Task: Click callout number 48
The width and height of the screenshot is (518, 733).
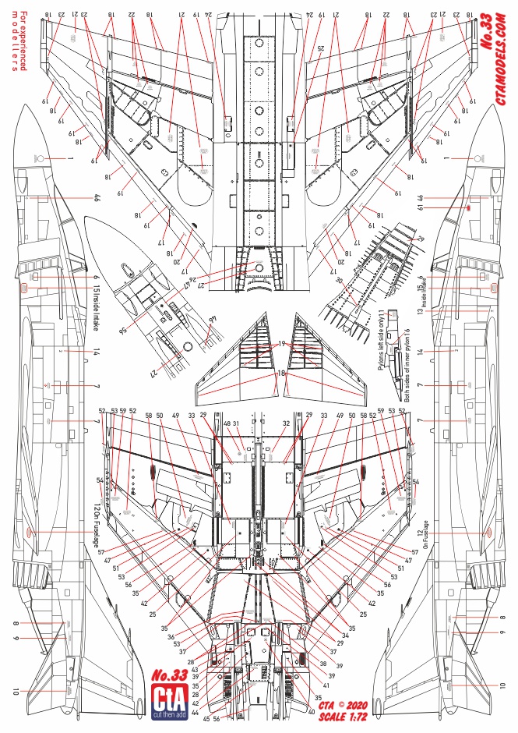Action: click(227, 424)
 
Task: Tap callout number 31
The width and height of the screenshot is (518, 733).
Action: click(235, 424)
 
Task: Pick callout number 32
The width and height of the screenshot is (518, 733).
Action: click(287, 424)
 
